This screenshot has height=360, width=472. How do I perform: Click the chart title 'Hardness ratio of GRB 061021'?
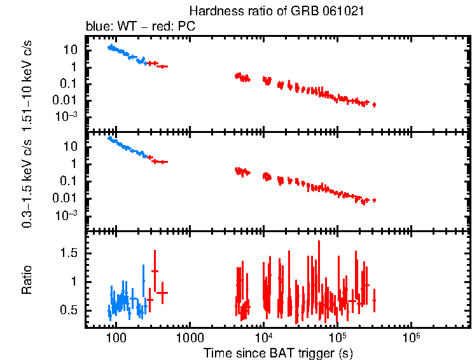tap(277, 11)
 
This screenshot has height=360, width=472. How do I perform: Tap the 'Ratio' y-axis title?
tap(27, 280)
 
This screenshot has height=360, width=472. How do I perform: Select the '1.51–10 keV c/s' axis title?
tap(27, 83)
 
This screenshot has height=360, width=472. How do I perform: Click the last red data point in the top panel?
tap(374, 104)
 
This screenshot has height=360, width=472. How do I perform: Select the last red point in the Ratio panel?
tap(374, 300)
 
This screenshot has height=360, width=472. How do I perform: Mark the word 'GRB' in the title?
tap(304, 11)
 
